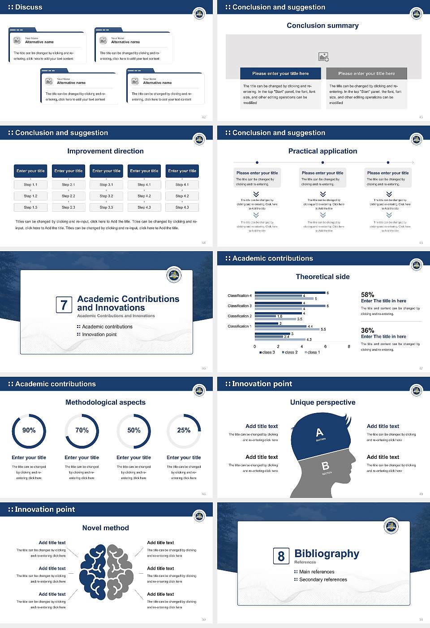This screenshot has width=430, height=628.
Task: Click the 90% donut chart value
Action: click(29, 430)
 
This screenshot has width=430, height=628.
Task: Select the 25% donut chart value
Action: click(184, 430)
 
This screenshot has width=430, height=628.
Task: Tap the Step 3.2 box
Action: click(106, 196)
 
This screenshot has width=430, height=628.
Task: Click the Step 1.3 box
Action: click(30, 207)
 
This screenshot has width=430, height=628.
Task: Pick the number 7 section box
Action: click(64, 305)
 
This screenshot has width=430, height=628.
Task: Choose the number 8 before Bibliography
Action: click(281, 556)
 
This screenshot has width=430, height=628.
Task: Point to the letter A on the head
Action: click(319, 432)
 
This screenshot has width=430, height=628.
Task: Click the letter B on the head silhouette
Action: click(326, 466)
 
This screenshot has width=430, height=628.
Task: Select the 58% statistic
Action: click(367, 295)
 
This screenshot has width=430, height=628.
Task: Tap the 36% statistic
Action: click(367, 330)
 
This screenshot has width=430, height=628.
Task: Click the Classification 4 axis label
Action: click(240, 296)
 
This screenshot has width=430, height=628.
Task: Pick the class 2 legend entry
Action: click(290, 352)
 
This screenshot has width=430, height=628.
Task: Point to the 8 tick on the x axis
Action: click(349, 346)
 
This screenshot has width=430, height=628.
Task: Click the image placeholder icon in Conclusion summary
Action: click(323, 57)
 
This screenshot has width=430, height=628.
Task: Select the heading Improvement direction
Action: click(105, 151)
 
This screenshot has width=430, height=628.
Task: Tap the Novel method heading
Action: click(105, 528)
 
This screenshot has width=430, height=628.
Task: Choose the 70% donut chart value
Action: click(82, 430)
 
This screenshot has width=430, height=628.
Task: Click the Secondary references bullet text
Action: click(323, 580)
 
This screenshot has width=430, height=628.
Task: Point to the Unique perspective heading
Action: click(322, 402)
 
